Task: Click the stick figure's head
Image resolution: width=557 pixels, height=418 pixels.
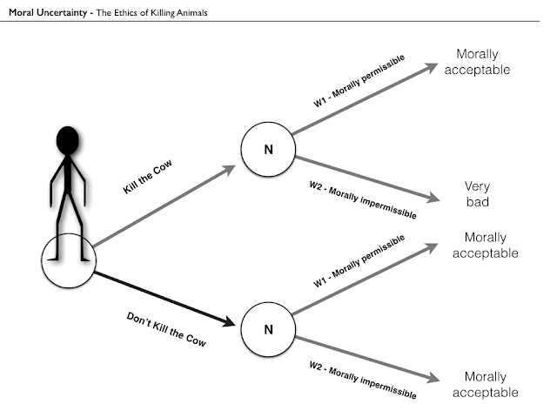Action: click(x=68, y=140)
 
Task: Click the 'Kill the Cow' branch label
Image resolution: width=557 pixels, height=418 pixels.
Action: click(x=147, y=177)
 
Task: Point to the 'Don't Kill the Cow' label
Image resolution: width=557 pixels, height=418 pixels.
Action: click(x=166, y=329)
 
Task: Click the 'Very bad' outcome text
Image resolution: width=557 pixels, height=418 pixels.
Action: click(x=477, y=193)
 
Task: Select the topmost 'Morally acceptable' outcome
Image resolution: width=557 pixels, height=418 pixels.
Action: click(x=477, y=62)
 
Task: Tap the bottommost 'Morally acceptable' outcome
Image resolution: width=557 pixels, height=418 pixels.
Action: click(x=486, y=384)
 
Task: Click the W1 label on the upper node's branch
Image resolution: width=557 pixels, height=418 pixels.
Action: click(x=359, y=81)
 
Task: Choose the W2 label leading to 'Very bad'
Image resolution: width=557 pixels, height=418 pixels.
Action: click(x=363, y=199)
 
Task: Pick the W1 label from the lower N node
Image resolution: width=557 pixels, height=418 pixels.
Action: click(x=359, y=260)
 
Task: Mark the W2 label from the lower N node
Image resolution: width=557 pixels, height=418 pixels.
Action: click(x=363, y=380)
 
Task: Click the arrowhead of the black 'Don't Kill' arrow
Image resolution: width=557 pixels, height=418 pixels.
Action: click(x=228, y=321)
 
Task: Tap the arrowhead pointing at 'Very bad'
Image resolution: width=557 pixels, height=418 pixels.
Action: click(x=433, y=198)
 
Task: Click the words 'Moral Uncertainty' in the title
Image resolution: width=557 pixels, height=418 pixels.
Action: click(x=48, y=13)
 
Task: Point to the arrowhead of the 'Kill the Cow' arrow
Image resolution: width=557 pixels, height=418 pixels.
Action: click(x=228, y=170)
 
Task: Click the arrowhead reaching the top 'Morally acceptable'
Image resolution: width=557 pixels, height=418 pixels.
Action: click(x=432, y=67)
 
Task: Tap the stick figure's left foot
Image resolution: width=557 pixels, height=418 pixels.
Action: click(x=53, y=259)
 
